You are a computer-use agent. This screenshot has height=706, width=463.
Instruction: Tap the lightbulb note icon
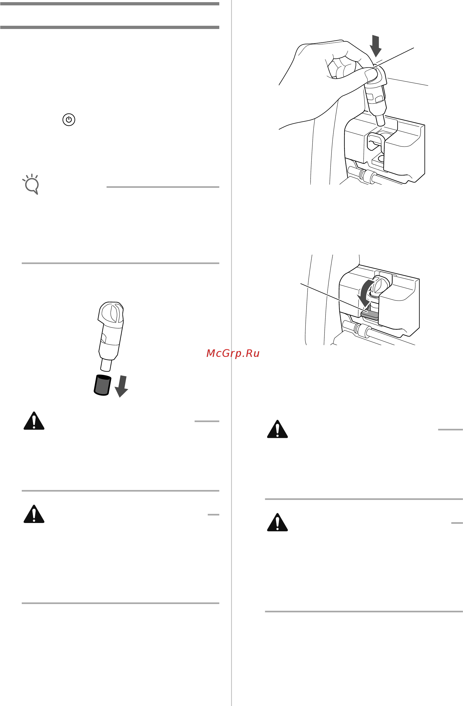(x=31, y=184)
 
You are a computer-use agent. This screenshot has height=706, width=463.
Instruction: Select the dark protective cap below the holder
(x=102, y=385)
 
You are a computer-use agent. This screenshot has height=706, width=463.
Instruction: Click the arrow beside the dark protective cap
(x=122, y=386)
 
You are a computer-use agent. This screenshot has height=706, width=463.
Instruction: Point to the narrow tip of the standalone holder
(x=106, y=365)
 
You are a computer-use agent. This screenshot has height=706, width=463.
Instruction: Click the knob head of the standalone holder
(x=111, y=314)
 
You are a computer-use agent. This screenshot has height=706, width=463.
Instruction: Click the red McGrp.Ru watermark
(x=233, y=353)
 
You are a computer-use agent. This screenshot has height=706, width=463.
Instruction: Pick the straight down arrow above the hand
(x=376, y=46)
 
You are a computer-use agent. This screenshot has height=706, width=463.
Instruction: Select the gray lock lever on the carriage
(x=370, y=314)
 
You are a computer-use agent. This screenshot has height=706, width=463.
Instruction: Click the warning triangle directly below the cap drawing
(x=34, y=421)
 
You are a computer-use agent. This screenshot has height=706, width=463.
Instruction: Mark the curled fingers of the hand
(x=341, y=67)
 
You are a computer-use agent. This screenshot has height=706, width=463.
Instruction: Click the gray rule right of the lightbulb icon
(x=163, y=187)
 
